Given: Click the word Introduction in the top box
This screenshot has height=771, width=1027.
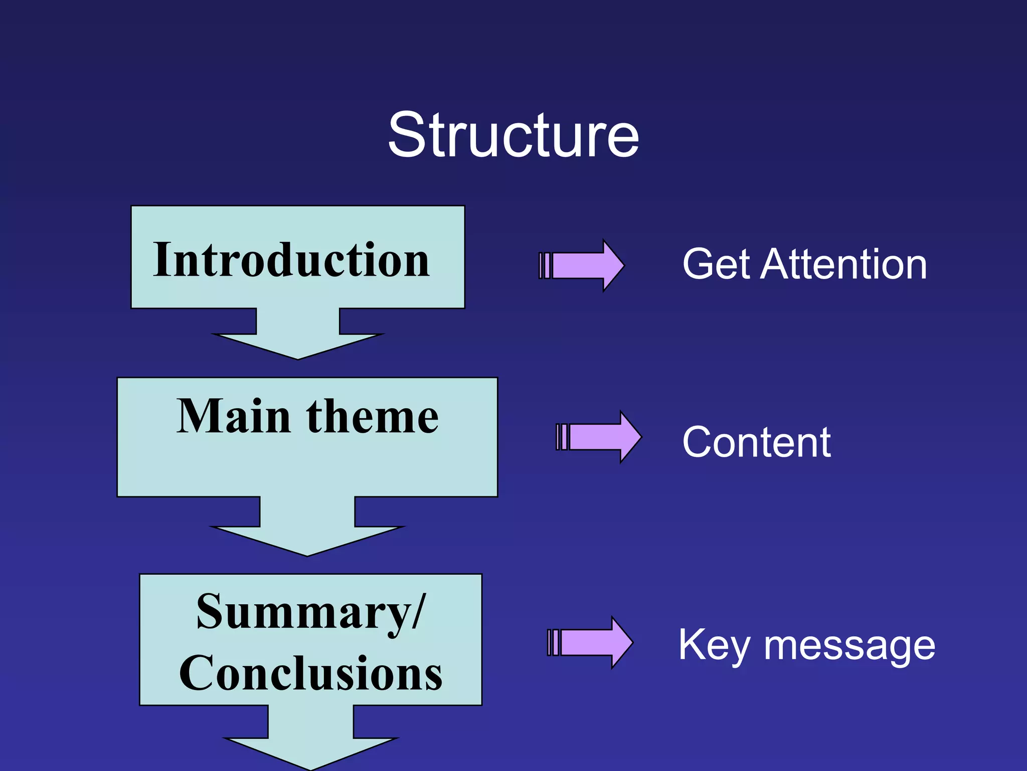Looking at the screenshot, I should tap(291, 260).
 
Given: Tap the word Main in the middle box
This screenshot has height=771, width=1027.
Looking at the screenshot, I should tap(234, 416).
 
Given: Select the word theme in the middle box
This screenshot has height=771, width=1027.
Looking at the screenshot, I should tap(373, 416).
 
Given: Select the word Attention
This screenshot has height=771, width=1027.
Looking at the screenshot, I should tap(843, 265).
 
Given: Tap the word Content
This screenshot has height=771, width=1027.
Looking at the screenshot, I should tap(756, 442).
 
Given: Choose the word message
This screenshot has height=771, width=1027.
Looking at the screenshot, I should tap(849, 647).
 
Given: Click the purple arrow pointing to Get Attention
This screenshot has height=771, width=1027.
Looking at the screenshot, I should tap(587, 266).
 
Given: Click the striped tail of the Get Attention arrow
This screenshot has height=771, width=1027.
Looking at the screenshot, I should tap(545, 266).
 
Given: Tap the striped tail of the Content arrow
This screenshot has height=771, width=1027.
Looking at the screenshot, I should tap(562, 437).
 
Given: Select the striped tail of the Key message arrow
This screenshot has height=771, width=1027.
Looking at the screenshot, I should tap(553, 642).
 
